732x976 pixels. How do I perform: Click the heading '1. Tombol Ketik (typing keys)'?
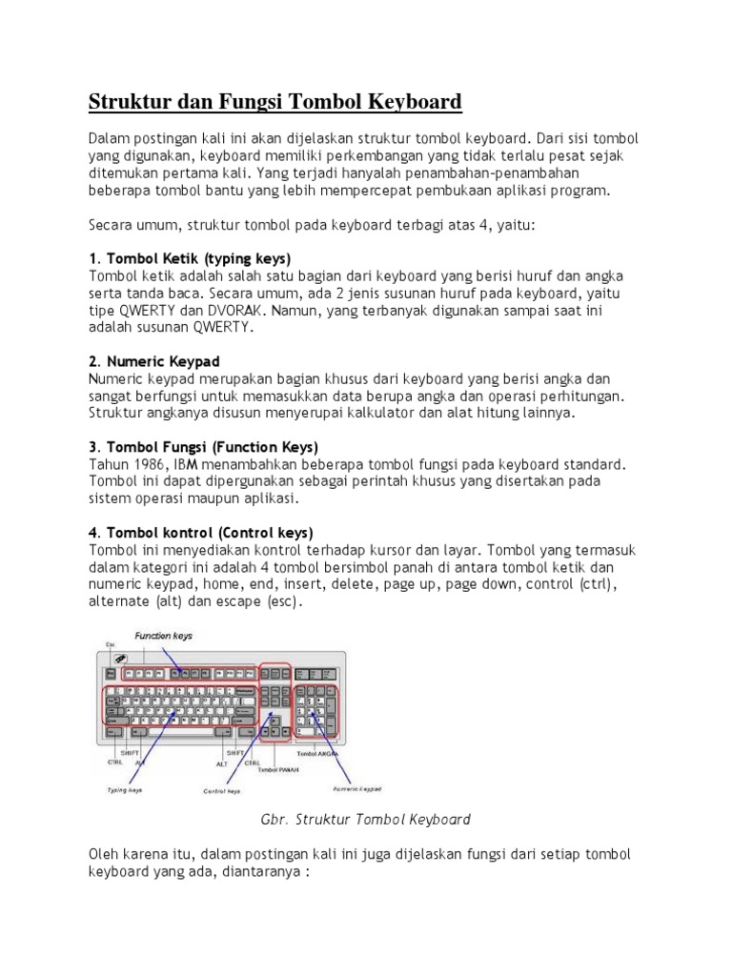(190, 258)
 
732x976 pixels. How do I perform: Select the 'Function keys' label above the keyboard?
(163, 635)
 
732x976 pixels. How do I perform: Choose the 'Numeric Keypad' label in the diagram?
(356, 789)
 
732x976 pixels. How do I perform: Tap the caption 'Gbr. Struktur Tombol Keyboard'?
(366, 819)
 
